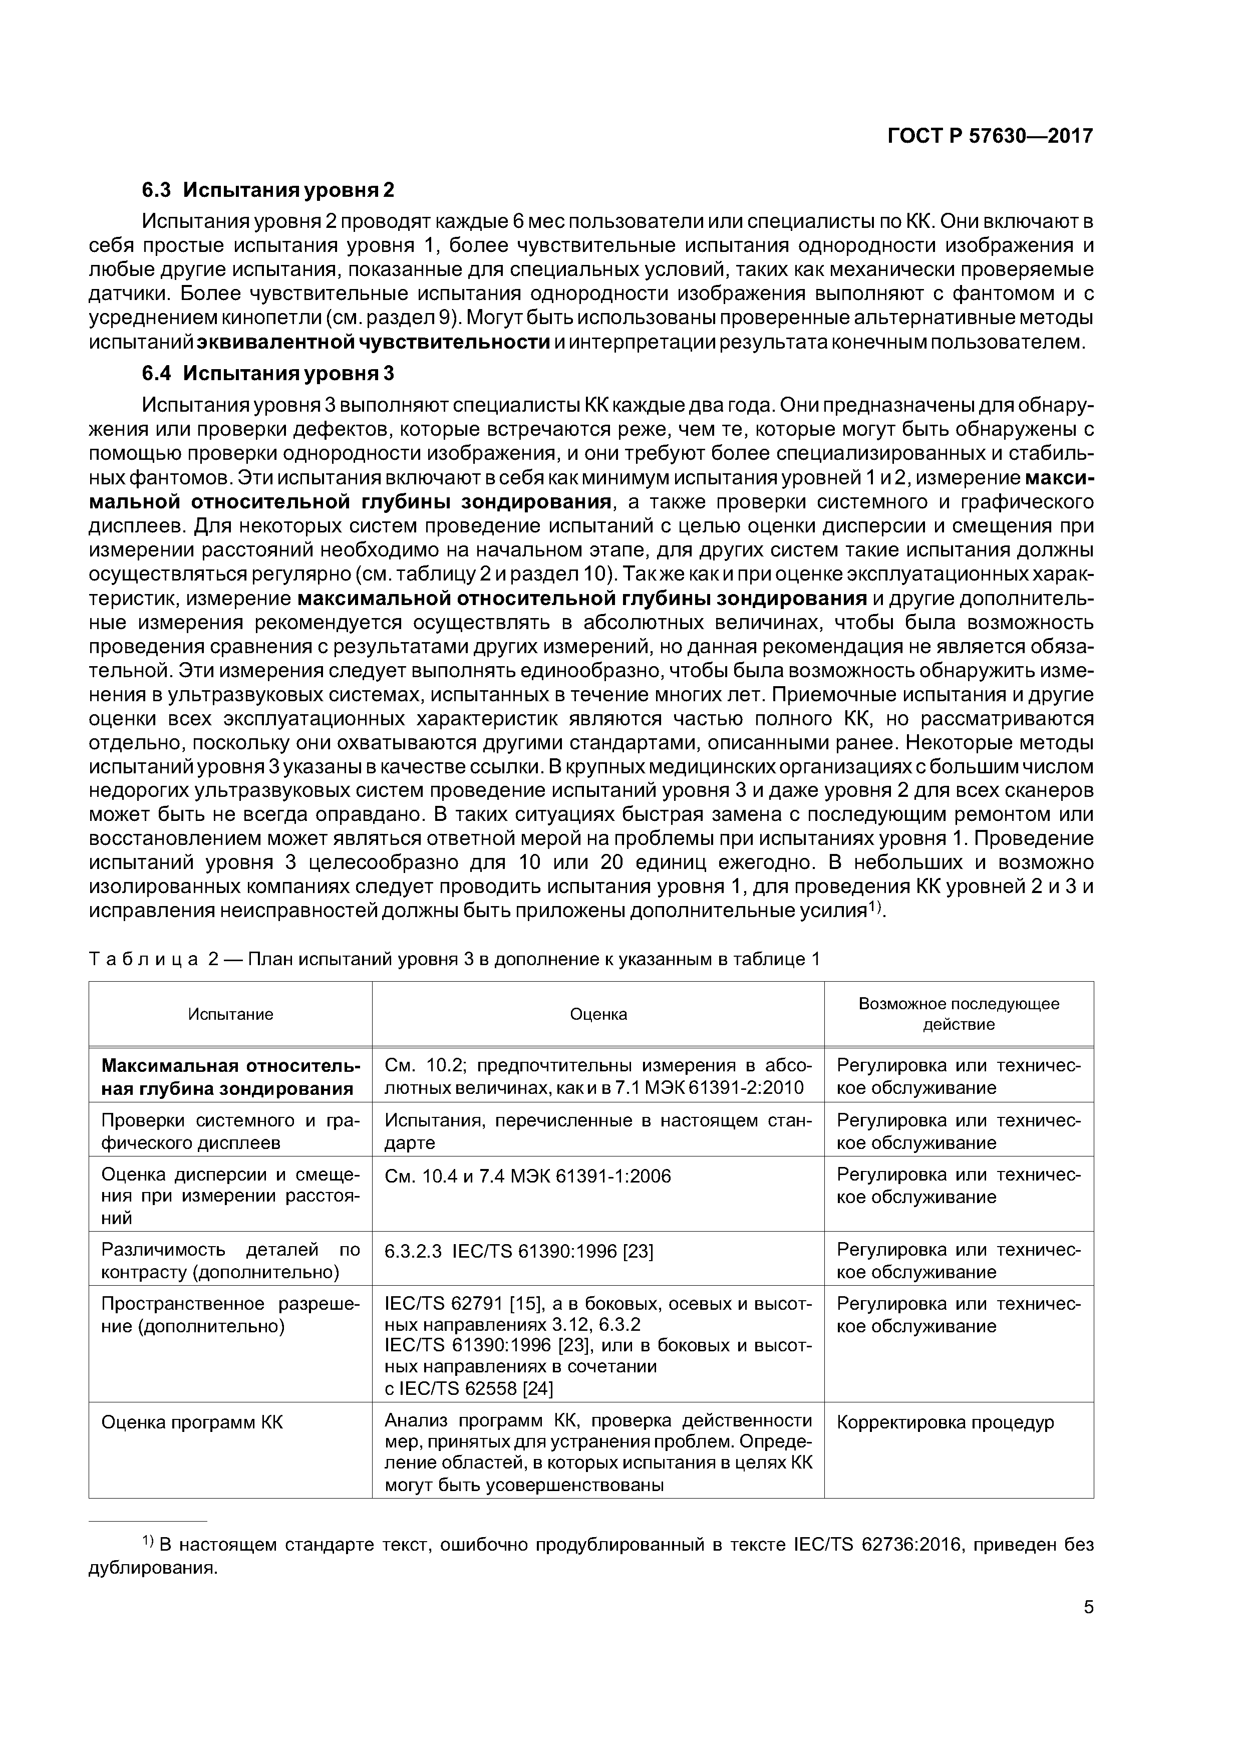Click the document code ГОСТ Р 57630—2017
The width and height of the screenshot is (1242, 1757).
click(990, 136)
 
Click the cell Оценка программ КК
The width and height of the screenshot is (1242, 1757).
click(192, 1422)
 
